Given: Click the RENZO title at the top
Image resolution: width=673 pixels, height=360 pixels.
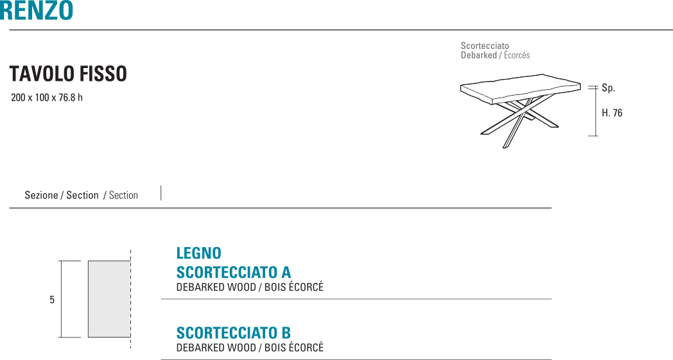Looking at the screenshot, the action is click(x=37, y=10).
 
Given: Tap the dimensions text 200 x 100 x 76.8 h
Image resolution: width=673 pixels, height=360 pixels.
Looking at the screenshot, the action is click(x=47, y=98).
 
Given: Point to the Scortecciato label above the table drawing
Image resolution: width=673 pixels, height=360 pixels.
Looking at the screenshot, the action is click(x=484, y=46).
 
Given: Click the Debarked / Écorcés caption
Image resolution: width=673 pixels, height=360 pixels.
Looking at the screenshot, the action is click(x=494, y=56).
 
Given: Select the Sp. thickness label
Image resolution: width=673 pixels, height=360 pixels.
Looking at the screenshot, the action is click(x=608, y=89).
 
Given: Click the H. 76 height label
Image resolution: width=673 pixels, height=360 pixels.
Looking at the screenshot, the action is click(x=612, y=114).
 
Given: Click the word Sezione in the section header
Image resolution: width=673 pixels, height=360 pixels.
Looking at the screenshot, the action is click(x=41, y=195).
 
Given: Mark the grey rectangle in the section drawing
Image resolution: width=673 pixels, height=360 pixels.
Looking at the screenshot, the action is click(x=109, y=299).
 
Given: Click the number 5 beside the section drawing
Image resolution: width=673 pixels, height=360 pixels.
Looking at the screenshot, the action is click(x=52, y=300).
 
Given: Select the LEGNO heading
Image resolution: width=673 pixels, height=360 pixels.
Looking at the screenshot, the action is click(x=198, y=253).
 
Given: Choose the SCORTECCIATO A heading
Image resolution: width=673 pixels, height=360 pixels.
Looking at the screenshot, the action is click(x=233, y=273).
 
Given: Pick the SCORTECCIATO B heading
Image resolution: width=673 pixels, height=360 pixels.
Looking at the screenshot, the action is click(x=233, y=333).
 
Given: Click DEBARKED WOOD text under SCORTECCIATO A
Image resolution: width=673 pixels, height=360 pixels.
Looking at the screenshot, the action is click(x=214, y=287).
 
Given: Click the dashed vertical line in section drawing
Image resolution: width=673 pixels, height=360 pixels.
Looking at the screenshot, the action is click(x=130, y=299).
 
